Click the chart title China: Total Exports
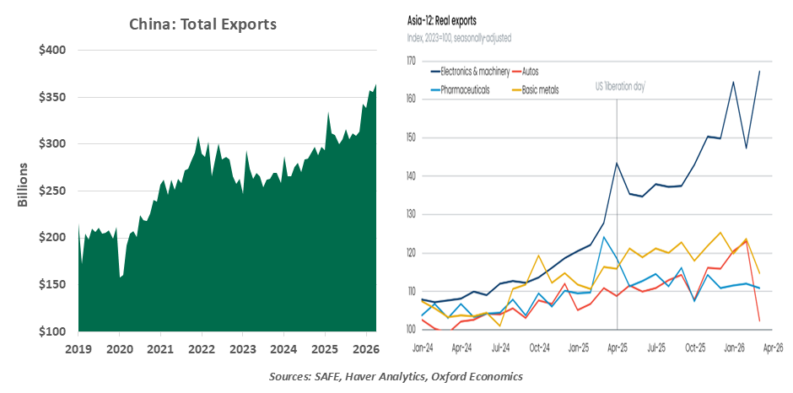click(x=202, y=24)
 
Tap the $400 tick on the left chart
click(x=52, y=51)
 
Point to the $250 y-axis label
click(x=52, y=191)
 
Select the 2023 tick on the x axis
click(x=243, y=348)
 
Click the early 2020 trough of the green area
click(x=120, y=277)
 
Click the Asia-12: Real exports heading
click(x=442, y=22)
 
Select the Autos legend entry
click(x=530, y=72)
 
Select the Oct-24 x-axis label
click(x=539, y=348)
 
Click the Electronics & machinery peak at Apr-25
click(x=617, y=163)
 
